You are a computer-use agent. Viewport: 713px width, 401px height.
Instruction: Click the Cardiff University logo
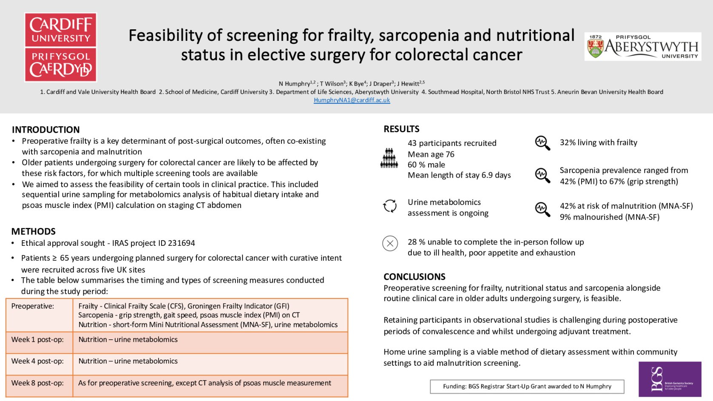tap(61, 47)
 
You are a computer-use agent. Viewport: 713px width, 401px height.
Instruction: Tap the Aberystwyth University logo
tap(642, 46)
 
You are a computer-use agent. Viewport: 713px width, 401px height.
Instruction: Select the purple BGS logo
tap(670, 379)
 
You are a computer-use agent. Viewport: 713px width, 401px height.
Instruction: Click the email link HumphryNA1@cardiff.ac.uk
tap(352, 100)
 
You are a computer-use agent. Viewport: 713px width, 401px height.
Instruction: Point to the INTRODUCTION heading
tap(46, 130)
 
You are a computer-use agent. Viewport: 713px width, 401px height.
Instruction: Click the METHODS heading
tap(34, 231)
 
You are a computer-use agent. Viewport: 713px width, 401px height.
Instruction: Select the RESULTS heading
tap(401, 129)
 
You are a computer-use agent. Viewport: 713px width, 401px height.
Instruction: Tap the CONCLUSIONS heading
tap(414, 276)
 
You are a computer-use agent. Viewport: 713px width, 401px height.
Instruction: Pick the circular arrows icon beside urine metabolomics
tap(390, 206)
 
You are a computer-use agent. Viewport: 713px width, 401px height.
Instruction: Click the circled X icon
tap(390, 244)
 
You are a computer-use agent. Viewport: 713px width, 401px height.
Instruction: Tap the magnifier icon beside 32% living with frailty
tap(542, 143)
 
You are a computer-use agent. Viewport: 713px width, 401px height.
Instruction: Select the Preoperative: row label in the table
tap(33, 306)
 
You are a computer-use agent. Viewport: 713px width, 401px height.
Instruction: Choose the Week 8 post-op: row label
tap(37, 383)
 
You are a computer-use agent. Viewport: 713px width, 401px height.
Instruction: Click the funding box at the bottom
tap(527, 386)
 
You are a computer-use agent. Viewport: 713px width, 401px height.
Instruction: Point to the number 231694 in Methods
tap(181, 243)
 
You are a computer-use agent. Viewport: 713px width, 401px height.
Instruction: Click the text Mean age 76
tap(431, 154)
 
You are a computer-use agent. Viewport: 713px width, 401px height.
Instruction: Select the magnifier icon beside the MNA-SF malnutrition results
tap(542, 209)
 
